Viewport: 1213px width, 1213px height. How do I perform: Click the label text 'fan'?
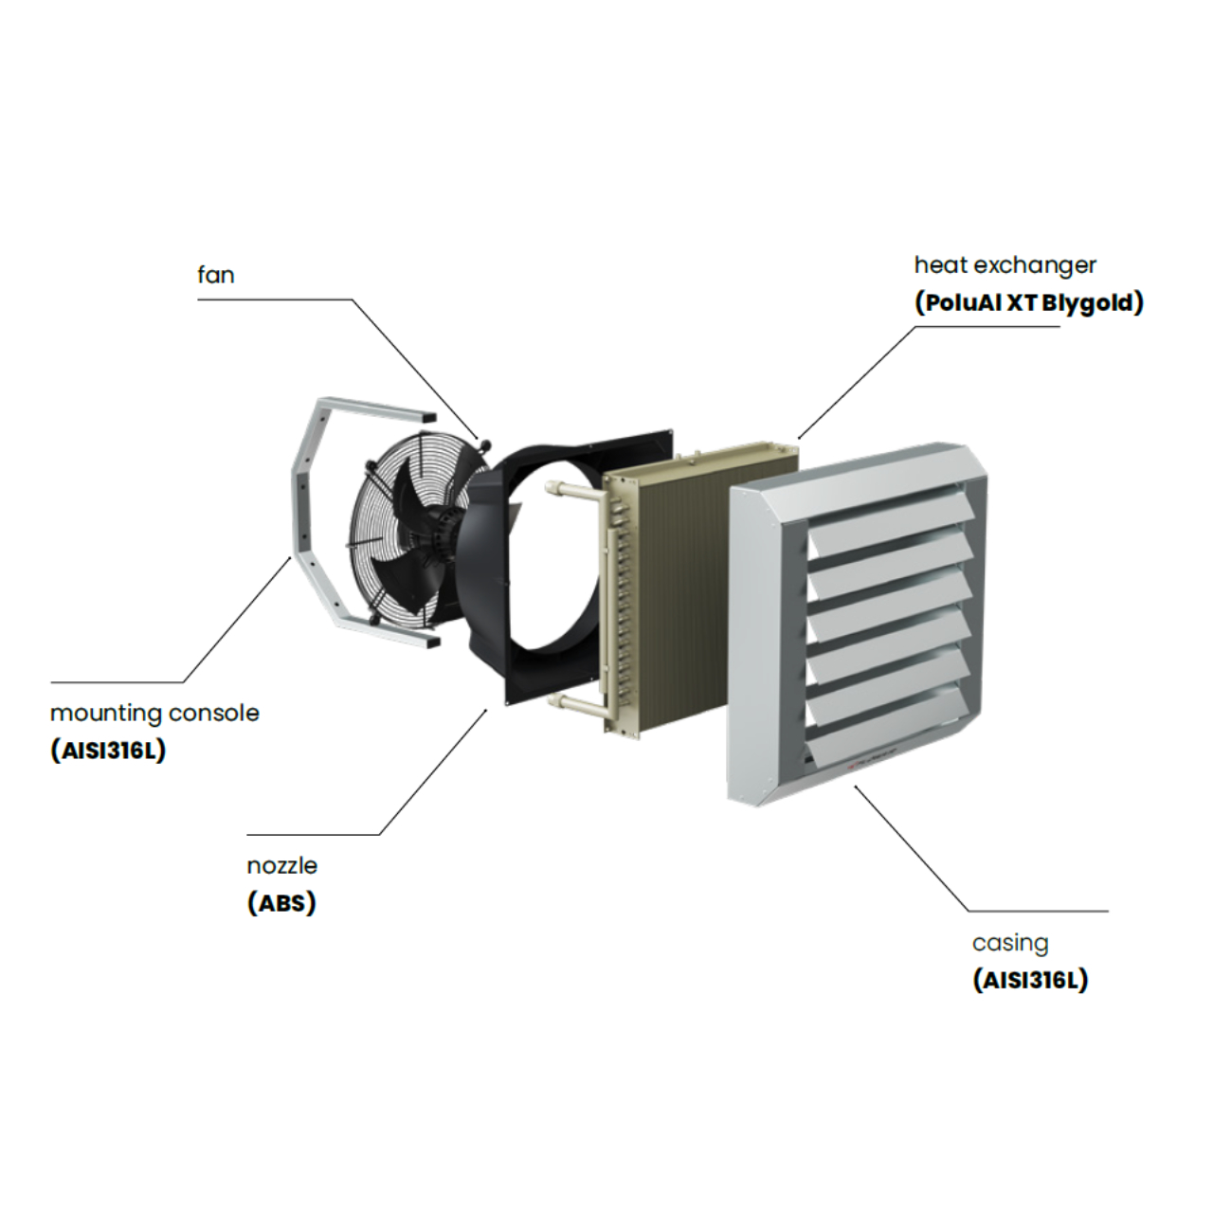coord(215,275)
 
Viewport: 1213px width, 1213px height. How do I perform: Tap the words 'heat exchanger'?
coord(1005,264)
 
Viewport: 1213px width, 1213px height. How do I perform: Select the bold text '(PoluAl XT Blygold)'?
coord(1029,302)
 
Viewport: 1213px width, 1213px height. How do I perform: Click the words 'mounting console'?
coord(154,713)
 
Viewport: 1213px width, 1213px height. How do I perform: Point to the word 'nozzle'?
coord(281,865)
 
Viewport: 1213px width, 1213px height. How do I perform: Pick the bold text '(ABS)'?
coord(281,903)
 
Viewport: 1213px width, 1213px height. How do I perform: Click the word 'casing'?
coord(1010,943)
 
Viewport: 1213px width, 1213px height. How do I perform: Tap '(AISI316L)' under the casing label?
coord(1030,980)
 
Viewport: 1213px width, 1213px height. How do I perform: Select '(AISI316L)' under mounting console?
coord(108,751)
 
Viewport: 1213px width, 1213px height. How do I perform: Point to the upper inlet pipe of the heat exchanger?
coord(574,492)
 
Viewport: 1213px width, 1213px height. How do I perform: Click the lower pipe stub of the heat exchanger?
coord(574,703)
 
